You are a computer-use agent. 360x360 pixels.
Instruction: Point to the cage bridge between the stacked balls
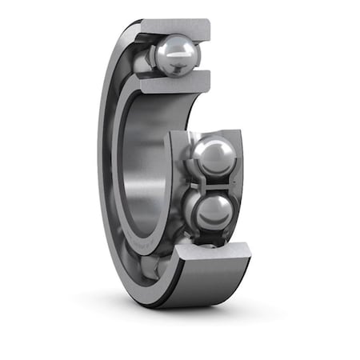pyautogui.click(x=210, y=183)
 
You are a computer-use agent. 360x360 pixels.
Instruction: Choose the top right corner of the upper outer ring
pyautogui.click(x=210, y=22)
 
